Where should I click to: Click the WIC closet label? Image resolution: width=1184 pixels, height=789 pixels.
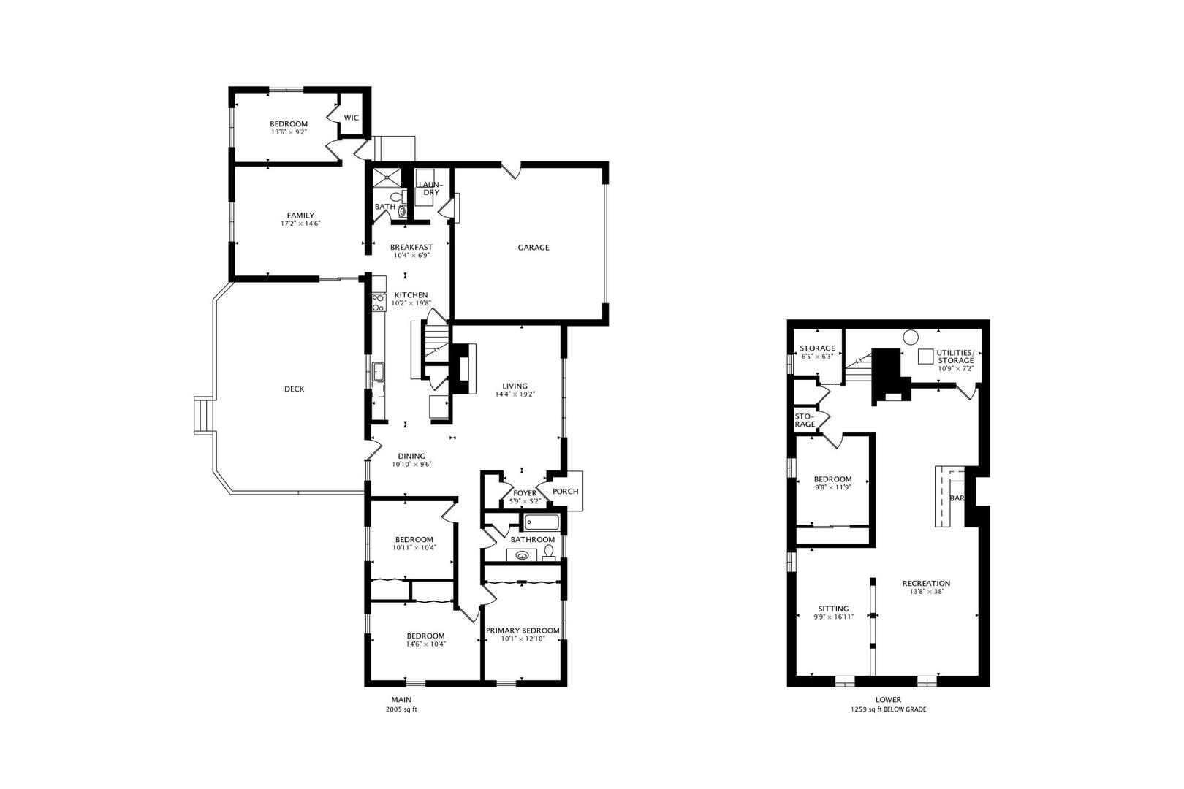[351, 118]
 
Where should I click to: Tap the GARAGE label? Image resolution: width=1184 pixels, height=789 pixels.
[534, 248]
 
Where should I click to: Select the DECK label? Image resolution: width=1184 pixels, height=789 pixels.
[295, 389]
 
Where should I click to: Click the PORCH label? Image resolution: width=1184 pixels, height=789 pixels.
[566, 492]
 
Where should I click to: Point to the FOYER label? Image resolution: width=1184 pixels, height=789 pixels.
[525, 493]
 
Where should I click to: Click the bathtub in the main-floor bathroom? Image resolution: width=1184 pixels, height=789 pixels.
[542, 523]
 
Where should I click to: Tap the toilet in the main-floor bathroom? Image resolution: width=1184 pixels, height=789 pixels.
[549, 552]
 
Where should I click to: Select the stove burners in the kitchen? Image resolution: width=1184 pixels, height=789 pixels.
[378, 302]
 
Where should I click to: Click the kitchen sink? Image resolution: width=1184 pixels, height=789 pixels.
[378, 372]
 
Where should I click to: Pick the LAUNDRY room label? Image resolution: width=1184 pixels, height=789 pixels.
[430, 188]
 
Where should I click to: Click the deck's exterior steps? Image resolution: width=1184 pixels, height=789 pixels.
[203, 416]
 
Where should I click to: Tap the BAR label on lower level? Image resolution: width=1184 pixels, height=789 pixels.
[957, 498]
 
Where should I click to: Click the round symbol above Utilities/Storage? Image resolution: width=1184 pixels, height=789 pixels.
[910, 337]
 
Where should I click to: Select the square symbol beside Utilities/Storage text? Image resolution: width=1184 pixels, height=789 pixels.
[925, 357]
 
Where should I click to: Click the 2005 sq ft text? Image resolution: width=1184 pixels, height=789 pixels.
[401, 709]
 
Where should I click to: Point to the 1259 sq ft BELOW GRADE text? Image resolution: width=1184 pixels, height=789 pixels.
[888, 709]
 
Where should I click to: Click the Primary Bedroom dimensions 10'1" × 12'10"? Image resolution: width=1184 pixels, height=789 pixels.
[523, 639]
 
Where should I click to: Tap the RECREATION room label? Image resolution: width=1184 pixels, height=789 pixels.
[926, 584]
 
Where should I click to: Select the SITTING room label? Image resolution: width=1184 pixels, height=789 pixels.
[834, 609]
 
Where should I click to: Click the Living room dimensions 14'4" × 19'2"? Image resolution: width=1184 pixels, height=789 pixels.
[515, 394]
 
